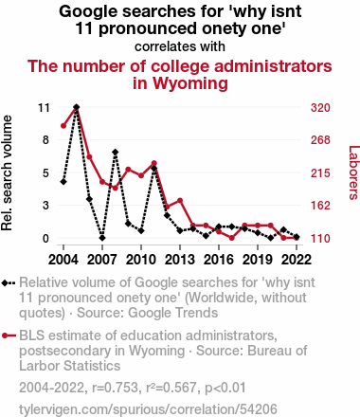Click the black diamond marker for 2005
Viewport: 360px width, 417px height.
point(77,107)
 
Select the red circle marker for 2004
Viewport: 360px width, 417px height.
point(63,126)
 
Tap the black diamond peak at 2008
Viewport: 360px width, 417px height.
point(116,153)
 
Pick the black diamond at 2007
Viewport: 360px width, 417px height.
point(102,238)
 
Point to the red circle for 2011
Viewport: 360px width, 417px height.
point(154,163)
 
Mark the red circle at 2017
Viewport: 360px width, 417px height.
point(232,238)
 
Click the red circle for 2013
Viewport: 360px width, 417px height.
point(180,200)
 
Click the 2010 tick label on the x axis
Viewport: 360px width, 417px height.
point(141,260)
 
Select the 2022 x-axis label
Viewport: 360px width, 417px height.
point(297,260)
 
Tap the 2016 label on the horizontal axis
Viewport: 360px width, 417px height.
point(219,260)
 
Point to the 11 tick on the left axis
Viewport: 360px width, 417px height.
point(44,108)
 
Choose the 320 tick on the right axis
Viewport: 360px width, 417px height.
point(320,108)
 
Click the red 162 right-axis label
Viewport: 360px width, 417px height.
point(320,206)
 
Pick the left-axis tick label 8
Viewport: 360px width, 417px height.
point(46,140)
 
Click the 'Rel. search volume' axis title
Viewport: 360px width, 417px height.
point(7,172)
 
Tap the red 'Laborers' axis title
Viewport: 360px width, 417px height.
point(353,172)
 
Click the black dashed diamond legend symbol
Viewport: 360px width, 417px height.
point(9,282)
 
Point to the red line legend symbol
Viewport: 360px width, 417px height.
point(9,335)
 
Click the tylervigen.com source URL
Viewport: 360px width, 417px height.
point(148,409)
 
